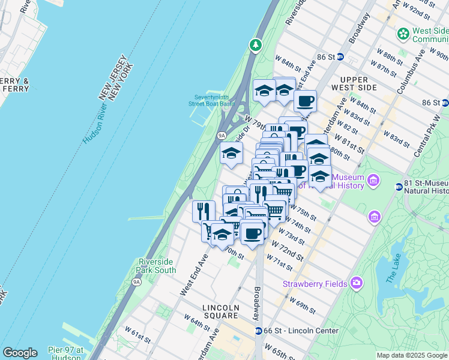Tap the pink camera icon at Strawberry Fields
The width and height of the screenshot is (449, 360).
[357, 282]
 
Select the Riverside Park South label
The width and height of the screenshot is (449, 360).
[157, 266]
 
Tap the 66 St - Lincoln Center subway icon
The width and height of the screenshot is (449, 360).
[258, 331]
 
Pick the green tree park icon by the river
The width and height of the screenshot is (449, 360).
[256, 44]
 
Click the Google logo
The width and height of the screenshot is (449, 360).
[20, 353]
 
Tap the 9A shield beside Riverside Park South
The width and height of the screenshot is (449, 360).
[137, 281]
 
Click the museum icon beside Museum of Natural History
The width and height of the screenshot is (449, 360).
[373, 180]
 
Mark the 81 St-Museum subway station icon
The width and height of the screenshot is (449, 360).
[399, 187]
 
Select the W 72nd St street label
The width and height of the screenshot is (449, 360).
[287, 252]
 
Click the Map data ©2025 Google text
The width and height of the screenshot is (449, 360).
[411, 355]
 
